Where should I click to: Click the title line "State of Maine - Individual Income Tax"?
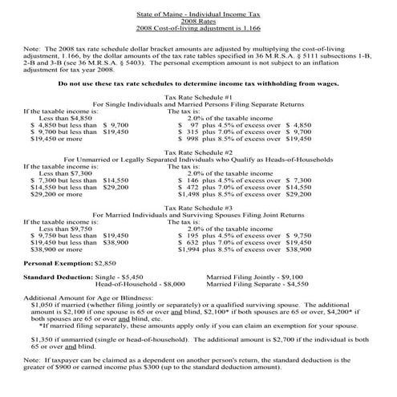click(198, 8)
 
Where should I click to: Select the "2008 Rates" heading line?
click(198, 15)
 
